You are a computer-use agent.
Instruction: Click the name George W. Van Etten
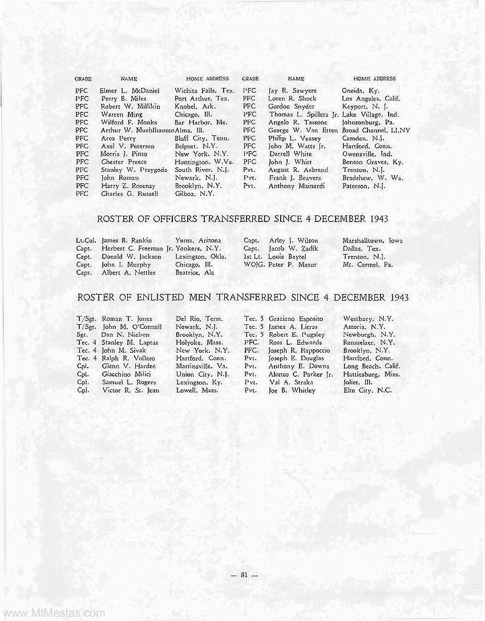[303, 130]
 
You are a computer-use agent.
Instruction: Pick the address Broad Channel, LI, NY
[376, 130]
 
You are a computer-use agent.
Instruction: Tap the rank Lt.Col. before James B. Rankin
[86, 241]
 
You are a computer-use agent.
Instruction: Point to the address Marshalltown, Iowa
[372, 241]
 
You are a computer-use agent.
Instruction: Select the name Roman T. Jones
[127, 318]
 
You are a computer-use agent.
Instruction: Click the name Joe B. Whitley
[291, 390]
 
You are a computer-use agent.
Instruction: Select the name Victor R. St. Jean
[130, 390]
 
